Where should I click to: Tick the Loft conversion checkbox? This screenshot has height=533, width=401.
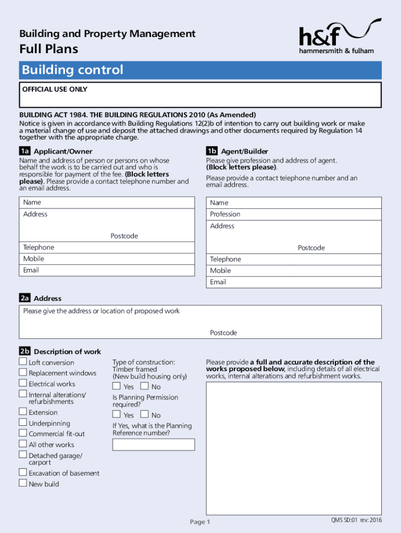[x=23, y=362]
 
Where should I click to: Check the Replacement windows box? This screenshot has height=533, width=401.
[x=23, y=372]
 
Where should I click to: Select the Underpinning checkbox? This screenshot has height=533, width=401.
[x=23, y=423]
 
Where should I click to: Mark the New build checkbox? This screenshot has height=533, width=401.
[x=23, y=483]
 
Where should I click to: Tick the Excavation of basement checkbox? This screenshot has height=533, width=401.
[x=23, y=472]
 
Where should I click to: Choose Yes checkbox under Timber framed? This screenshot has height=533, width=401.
[x=117, y=386]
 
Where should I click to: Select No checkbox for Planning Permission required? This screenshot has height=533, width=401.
[x=145, y=414]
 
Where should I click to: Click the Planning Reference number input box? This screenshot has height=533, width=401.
[x=154, y=445]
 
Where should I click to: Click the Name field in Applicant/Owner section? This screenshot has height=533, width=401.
[x=107, y=202]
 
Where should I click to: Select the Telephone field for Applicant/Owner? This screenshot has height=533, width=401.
[x=107, y=247]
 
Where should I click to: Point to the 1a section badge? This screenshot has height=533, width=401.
[x=25, y=151]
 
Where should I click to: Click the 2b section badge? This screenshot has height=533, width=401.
[x=25, y=351]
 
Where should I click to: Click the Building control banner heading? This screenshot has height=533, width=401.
[x=72, y=70]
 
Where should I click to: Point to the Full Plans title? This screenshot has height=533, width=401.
[x=49, y=49]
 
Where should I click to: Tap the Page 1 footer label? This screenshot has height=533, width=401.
[x=200, y=522]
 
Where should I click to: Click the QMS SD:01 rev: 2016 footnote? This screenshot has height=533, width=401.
[x=356, y=521]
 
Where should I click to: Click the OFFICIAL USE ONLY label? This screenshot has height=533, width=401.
[x=55, y=90]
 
